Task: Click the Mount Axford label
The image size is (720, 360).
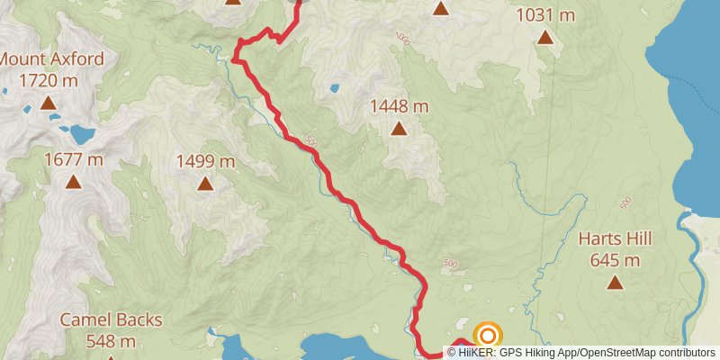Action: pos(51,60)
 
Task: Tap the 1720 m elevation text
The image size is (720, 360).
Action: pos(50,80)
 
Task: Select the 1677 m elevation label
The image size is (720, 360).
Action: pos(74,160)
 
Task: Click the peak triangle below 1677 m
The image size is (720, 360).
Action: pos(74,183)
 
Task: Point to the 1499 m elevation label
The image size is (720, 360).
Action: pos(205,162)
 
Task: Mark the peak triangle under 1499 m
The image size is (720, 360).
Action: pos(205,184)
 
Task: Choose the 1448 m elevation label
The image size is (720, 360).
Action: pos(399,106)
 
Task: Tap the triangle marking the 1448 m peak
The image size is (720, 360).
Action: pos(399,129)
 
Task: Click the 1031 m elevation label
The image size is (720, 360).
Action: pos(545,15)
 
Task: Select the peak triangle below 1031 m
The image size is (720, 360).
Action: pos(545,37)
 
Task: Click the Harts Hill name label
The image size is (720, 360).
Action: pos(616,239)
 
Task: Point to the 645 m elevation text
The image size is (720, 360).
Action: pos(616,260)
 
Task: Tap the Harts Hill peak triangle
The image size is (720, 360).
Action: pos(616,283)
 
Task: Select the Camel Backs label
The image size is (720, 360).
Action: pos(112,319)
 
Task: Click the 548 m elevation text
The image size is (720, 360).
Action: pos(112,340)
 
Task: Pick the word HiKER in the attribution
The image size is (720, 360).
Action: pos(479,353)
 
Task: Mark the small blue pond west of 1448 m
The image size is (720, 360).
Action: pos(334,89)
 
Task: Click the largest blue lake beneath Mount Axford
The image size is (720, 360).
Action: pos(80,135)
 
